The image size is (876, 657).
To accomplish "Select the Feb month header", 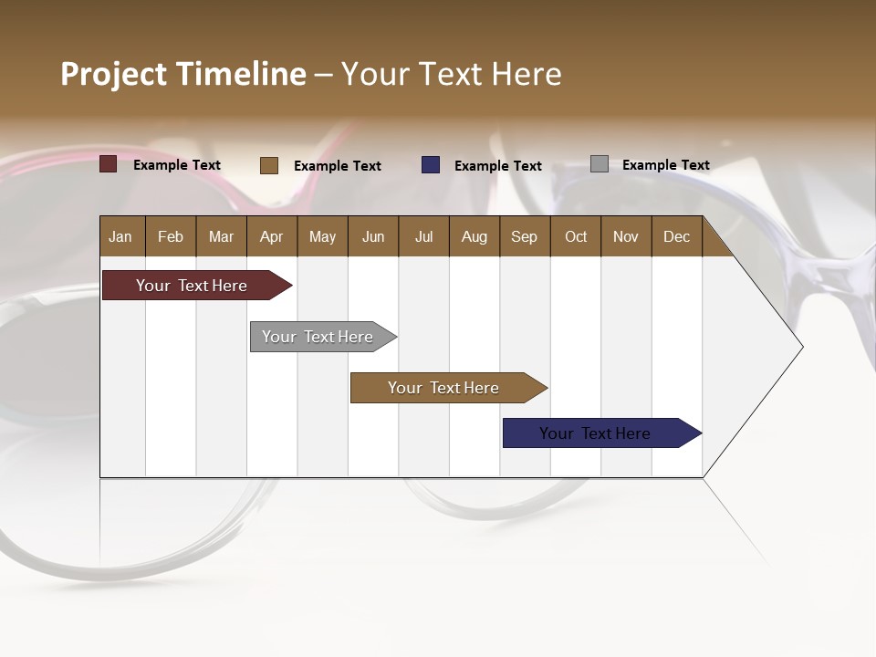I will point(171,236).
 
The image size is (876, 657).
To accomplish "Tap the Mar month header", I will point(221,236).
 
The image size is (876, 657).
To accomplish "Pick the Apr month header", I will point(272,236).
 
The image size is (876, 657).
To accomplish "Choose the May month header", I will point(322,236).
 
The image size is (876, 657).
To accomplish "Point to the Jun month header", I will point(373,236).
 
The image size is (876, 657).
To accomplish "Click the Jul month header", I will point(423,236).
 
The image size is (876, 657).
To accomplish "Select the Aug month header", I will point(474,236).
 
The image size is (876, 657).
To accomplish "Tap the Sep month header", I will point(525,236).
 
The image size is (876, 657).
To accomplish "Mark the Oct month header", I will point(576,236).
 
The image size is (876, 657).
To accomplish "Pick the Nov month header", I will point(626,236).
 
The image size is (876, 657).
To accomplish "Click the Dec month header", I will point(677,236).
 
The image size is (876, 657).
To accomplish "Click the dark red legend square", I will point(109,164).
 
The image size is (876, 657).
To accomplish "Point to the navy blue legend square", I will point(431,164).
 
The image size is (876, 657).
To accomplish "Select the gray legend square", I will point(600,164).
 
